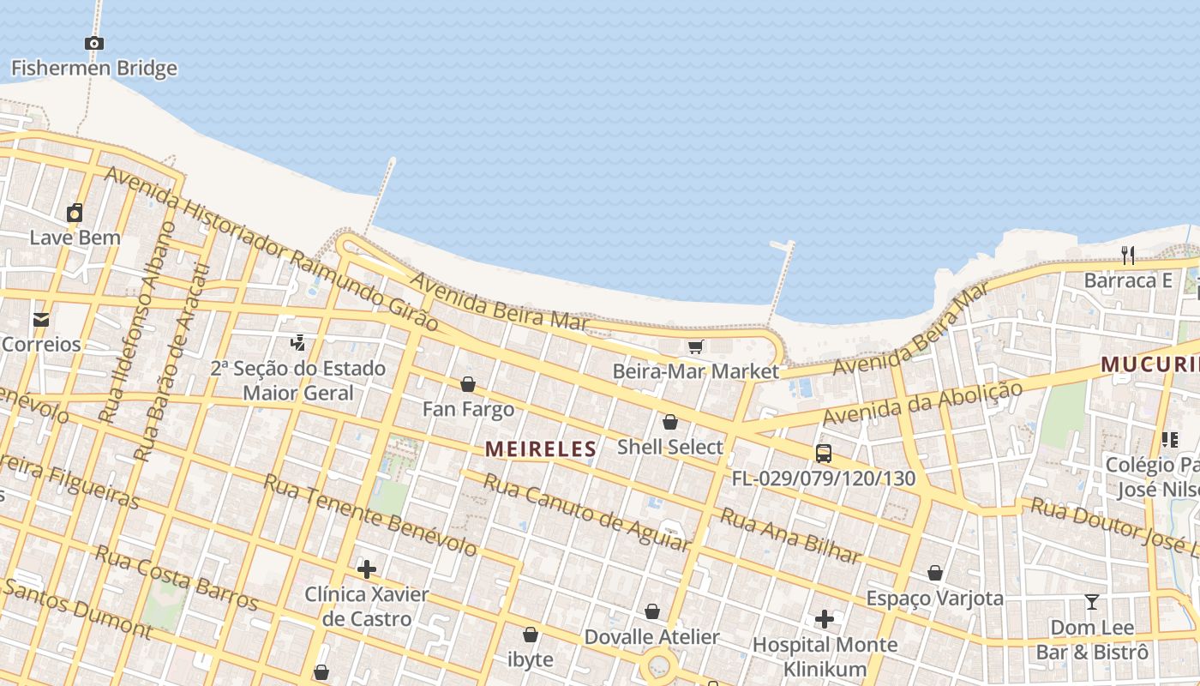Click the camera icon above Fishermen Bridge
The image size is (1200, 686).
94,43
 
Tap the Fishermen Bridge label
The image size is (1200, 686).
94,69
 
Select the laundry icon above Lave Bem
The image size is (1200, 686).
75,213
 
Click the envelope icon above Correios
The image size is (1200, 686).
40,320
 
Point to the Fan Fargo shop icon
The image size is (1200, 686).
468,384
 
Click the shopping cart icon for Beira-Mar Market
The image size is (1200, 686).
695,346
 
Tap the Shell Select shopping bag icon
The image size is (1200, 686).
670,422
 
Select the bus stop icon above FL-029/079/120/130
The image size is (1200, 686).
823,454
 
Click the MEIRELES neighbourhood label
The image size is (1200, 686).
540,448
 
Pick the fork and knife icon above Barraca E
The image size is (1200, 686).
1128,255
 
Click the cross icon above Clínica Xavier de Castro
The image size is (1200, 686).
367,569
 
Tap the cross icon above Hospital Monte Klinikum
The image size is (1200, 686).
825,619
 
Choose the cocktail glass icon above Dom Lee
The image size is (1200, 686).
1092,602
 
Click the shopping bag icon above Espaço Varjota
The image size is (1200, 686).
935,573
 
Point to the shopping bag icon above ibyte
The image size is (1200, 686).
531,635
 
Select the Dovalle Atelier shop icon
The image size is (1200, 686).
652,611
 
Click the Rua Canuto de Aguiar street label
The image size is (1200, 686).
586,511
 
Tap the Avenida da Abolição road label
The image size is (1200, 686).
922,403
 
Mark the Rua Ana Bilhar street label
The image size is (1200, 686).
790,535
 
